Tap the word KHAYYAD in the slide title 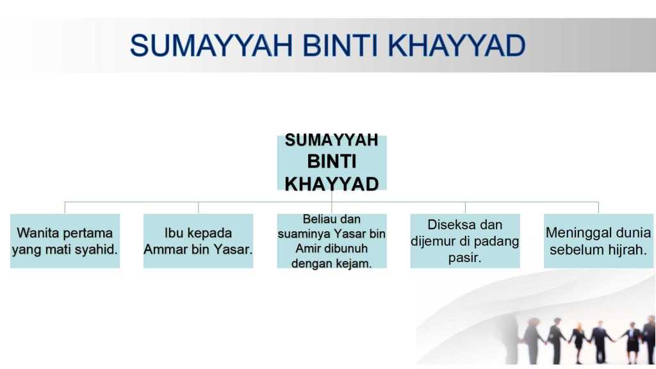point(456,45)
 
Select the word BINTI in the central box point(332,161)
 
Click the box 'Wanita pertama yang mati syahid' point(65,241)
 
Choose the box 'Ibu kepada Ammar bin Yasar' point(199,241)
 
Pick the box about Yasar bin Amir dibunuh point(332,241)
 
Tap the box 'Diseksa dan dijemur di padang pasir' point(465,241)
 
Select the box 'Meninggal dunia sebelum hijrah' point(598,241)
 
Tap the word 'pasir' point(465,258)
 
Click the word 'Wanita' point(36,233)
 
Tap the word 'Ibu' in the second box point(172,233)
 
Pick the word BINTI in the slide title point(340,45)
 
